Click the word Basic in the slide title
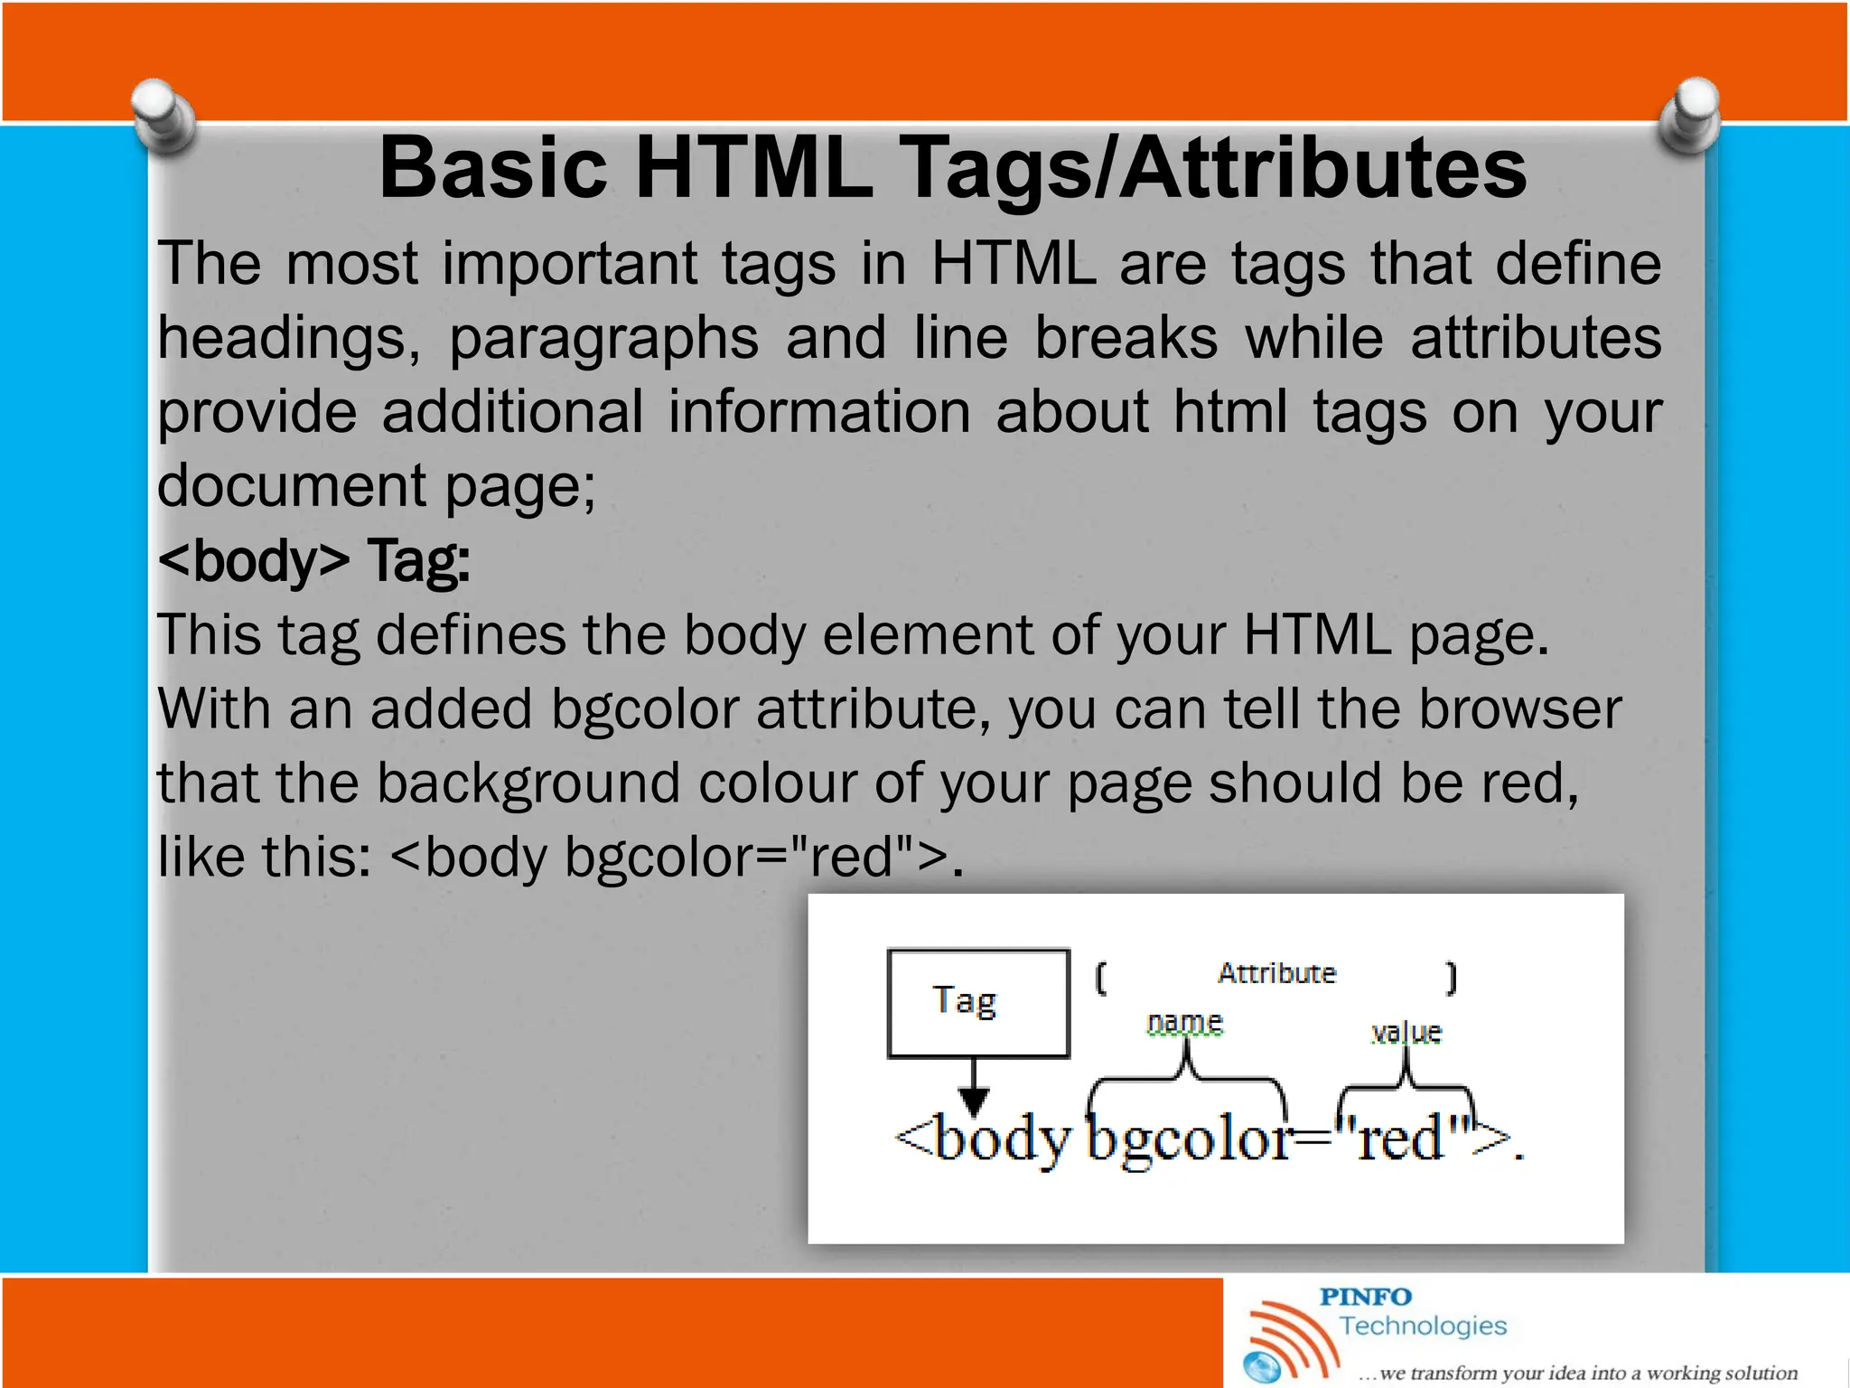coord(492,169)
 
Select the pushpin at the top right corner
coord(1689,117)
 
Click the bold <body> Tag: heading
coord(313,561)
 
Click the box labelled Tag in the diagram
coord(978,1002)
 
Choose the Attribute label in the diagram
coord(1276,973)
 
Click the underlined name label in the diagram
coord(1184,1023)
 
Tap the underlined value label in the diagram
coord(1406,1032)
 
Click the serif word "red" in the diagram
coord(1402,1139)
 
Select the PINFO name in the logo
coord(1365,1297)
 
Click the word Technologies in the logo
coord(1423,1326)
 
